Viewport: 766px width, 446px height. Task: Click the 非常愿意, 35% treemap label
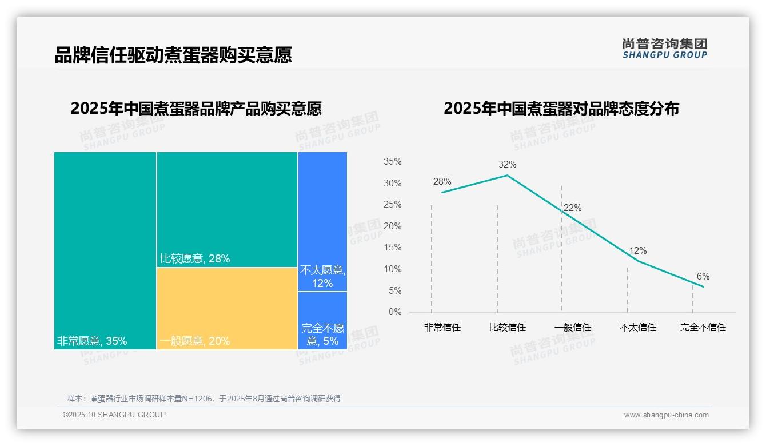pyautogui.click(x=92, y=341)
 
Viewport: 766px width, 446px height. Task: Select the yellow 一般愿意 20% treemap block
pyautogui.click(x=227, y=308)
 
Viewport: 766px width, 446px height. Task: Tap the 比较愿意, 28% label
pyautogui.click(x=195, y=259)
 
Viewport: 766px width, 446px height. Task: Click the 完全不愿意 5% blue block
pyautogui.click(x=322, y=321)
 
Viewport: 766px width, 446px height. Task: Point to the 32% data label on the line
pyautogui.click(x=507, y=165)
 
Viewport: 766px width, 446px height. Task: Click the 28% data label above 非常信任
pyautogui.click(x=442, y=182)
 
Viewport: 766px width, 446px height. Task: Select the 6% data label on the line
pyautogui.click(x=703, y=277)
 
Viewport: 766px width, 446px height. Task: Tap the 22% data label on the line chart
pyautogui.click(x=572, y=208)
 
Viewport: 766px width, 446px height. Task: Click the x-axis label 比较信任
pyautogui.click(x=507, y=328)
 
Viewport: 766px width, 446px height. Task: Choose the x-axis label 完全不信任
pyautogui.click(x=703, y=328)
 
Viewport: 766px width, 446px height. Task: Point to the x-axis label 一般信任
pyautogui.click(x=572, y=328)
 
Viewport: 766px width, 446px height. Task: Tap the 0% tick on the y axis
pyautogui.click(x=394, y=312)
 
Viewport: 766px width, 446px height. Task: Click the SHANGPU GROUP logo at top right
pyautogui.click(x=664, y=49)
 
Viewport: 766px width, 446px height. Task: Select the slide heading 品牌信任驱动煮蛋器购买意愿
pyautogui.click(x=173, y=55)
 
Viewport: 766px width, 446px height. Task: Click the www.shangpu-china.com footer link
pyautogui.click(x=666, y=415)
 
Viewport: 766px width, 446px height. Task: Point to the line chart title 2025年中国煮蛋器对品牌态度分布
pyautogui.click(x=561, y=109)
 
